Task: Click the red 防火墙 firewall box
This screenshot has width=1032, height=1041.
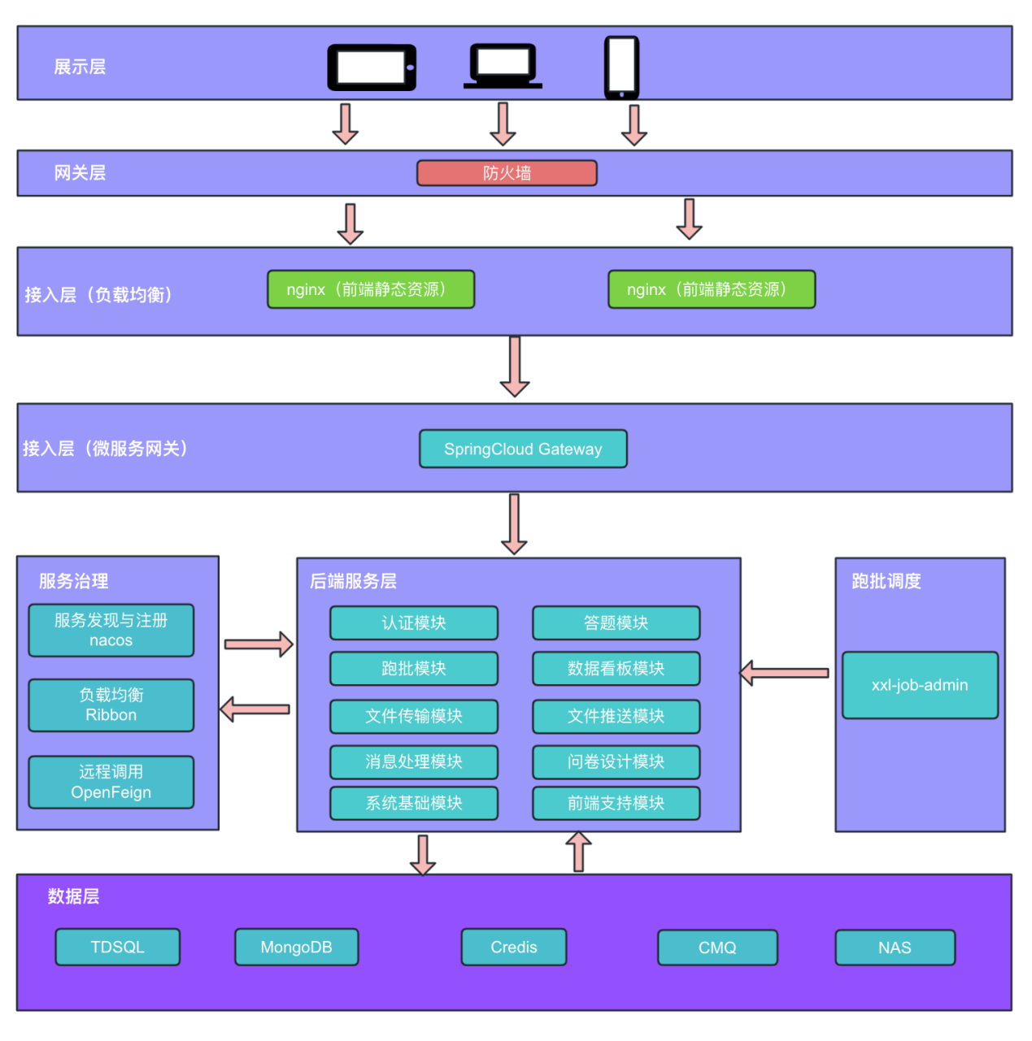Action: [x=507, y=173]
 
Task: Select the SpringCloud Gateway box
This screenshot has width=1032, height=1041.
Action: [x=523, y=449]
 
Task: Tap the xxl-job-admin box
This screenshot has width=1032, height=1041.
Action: [x=920, y=685]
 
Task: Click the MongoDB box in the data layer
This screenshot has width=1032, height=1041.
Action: [x=296, y=947]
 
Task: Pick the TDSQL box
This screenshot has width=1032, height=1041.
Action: [x=117, y=947]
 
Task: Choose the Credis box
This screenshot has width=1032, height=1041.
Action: [x=514, y=947]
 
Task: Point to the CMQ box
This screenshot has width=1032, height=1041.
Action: [x=718, y=948]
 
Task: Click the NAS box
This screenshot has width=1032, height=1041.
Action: [x=895, y=948]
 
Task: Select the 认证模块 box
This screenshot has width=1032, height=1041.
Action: [x=414, y=622]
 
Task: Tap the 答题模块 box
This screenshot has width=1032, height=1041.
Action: [x=616, y=622]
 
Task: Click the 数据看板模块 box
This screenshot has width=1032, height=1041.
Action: [x=616, y=669]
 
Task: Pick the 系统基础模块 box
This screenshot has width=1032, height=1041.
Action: [x=414, y=804]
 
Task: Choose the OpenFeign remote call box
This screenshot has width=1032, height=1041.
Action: [x=111, y=783]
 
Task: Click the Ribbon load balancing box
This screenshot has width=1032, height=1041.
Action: [x=111, y=705]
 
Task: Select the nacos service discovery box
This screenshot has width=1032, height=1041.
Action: [x=111, y=631]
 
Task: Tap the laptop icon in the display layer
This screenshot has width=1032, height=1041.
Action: [x=503, y=66]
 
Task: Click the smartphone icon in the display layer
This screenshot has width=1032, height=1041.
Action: [x=621, y=67]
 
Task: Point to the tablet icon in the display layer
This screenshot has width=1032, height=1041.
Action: [x=372, y=67]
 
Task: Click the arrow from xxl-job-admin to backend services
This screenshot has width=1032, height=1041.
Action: [x=784, y=673]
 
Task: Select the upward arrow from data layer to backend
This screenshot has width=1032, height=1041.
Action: [x=578, y=852]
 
